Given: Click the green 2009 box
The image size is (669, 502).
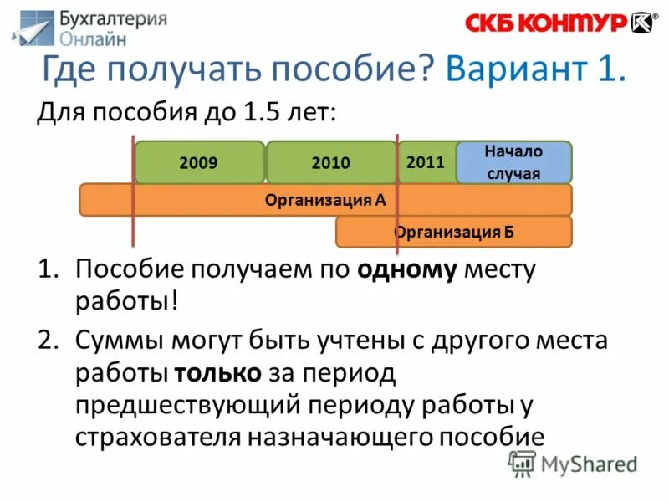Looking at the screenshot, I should (x=198, y=162).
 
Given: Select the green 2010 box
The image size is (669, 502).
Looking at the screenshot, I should (x=331, y=162).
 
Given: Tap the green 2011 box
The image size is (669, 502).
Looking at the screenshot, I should (x=426, y=161).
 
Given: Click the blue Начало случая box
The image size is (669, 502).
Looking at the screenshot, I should (x=513, y=162).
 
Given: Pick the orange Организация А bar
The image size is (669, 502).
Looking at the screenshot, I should (x=325, y=200).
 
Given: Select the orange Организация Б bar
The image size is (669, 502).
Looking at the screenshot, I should (x=454, y=232).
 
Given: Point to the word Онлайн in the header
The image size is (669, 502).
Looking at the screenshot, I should (x=94, y=38).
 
